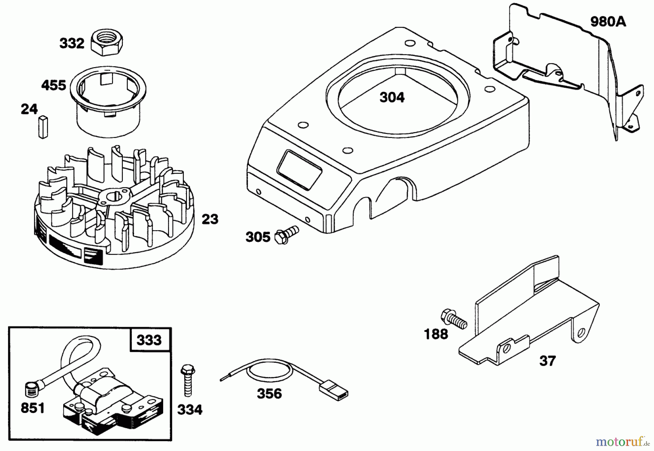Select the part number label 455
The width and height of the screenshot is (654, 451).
[x=53, y=85]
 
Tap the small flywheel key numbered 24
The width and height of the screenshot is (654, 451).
[x=43, y=126]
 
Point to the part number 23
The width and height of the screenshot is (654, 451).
[x=210, y=219]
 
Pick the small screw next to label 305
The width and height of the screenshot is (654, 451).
[x=287, y=233]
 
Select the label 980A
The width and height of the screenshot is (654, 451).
[x=608, y=22]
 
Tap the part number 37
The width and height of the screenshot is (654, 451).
[x=548, y=361]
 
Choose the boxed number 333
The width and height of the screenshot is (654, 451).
[x=149, y=340]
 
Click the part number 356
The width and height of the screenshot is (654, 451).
[x=269, y=394]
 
